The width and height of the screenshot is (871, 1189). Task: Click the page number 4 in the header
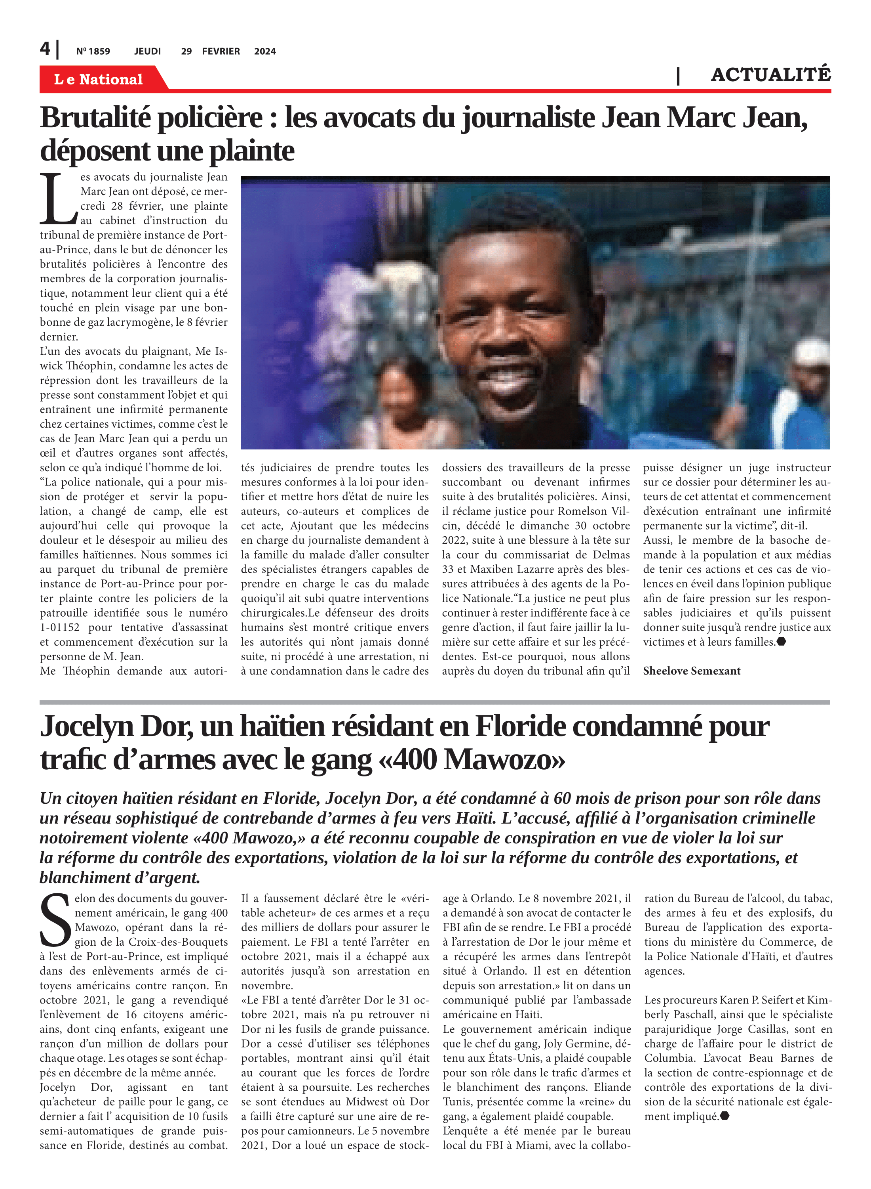(x=45, y=49)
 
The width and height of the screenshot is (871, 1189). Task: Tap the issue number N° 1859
(x=93, y=51)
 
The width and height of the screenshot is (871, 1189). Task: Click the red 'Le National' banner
(x=99, y=79)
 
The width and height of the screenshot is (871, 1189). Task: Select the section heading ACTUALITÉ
(x=770, y=75)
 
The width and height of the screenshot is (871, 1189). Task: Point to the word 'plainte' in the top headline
(x=252, y=151)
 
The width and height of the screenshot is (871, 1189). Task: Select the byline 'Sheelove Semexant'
(x=691, y=671)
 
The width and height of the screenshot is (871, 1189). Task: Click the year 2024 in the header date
(x=265, y=51)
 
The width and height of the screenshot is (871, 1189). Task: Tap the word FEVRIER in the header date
(x=221, y=51)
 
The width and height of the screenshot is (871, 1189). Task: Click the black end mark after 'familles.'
(x=782, y=642)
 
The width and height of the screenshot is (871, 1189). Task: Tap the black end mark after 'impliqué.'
(x=725, y=1116)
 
